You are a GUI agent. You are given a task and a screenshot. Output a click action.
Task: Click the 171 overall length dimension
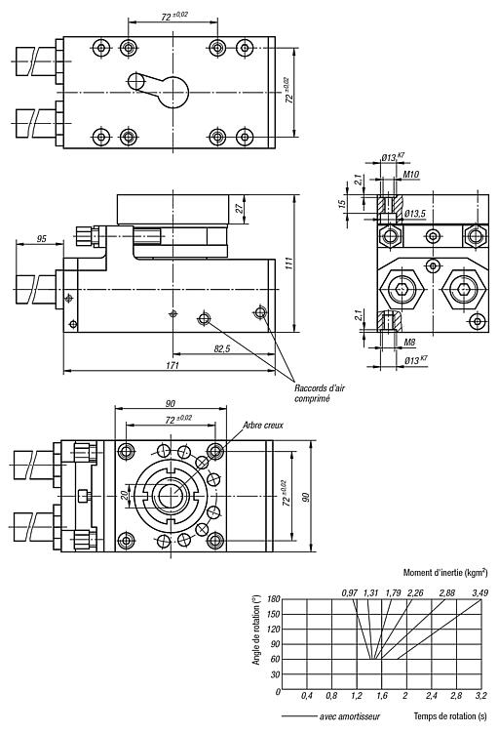point(172,366)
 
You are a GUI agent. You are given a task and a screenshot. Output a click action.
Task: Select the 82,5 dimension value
point(222,348)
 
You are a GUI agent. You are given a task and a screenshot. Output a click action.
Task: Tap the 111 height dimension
point(289,264)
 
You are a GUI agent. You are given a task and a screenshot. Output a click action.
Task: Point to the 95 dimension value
point(42,238)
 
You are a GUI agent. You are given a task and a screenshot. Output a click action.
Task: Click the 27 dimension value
point(240,209)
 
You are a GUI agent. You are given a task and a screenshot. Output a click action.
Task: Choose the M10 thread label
point(411,174)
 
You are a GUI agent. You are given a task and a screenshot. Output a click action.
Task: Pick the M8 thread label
point(409,343)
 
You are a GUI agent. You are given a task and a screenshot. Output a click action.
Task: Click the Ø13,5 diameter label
point(414,214)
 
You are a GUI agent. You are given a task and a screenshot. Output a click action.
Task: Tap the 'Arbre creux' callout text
point(263,425)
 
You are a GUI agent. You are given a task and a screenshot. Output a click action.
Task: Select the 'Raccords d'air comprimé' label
point(319,393)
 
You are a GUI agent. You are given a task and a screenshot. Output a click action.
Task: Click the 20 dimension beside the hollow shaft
point(125,495)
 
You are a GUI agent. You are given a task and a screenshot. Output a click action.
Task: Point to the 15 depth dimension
point(342,204)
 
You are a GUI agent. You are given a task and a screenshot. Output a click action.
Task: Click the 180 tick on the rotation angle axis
point(274,599)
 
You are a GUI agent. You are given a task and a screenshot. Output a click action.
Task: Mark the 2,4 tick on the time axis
point(432,696)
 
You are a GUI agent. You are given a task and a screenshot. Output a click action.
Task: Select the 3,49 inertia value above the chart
point(479,592)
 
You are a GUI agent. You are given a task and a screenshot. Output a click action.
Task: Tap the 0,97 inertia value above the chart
point(349,592)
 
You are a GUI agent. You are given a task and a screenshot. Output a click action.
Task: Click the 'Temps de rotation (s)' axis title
point(450,715)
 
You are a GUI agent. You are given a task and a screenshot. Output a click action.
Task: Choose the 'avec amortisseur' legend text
point(350,716)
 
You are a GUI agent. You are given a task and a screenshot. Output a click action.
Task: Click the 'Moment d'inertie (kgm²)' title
point(445,572)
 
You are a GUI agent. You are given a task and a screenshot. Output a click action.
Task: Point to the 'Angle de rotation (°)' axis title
point(256,630)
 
